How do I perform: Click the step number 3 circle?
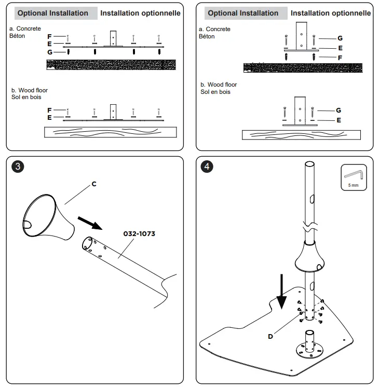click(x=18, y=167)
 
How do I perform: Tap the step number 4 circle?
click(x=207, y=167)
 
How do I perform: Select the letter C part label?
click(x=94, y=184)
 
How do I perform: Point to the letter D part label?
click(x=270, y=336)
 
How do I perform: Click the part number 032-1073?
click(x=139, y=234)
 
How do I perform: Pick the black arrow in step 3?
click(x=90, y=223)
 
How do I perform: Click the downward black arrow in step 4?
click(x=281, y=292)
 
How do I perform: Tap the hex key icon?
click(x=354, y=175)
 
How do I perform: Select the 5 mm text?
click(x=354, y=185)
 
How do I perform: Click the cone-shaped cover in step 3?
click(x=48, y=217)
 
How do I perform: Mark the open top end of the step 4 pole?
click(x=309, y=164)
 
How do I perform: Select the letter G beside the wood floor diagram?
click(x=339, y=110)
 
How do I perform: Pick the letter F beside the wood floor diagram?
click(x=49, y=110)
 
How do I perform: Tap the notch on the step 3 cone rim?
click(x=27, y=225)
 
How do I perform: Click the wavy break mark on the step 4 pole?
click(x=310, y=227)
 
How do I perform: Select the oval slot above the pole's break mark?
click(x=313, y=199)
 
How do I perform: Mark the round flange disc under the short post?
click(x=309, y=350)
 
